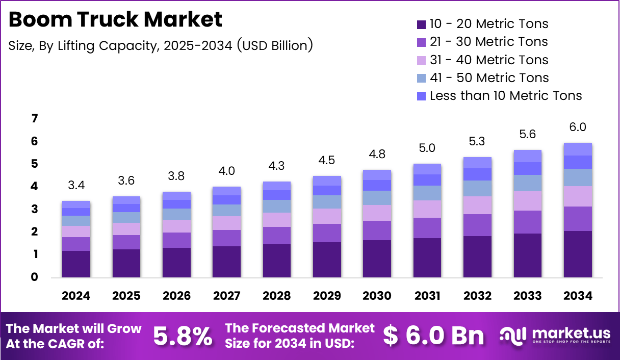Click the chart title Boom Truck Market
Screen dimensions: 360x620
[x=115, y=19]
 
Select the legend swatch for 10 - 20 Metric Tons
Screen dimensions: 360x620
[x=421, y=24]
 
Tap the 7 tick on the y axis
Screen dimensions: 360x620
[x=35, y=119]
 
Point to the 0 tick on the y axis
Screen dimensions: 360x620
[x=35, y=277]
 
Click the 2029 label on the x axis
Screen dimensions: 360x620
[x=327, y=296]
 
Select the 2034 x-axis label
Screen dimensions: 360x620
[x=578, y=296]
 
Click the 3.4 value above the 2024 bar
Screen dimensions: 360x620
[x=76, y=186]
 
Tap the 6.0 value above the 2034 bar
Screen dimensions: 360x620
[x=578, y=127]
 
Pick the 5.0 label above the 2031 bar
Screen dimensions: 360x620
[x=427, y=148]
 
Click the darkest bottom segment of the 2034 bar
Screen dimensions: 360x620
[x=578, y=254]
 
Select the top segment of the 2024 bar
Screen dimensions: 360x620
[x=76, y=204]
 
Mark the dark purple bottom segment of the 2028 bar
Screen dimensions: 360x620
[x=277, y=261]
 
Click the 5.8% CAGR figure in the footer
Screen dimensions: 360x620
[x=182, y=336]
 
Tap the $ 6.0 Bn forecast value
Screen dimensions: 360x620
[x=433, y=336]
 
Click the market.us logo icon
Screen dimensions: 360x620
[x=513, y=335]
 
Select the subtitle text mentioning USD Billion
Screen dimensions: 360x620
[x=161, y=45]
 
